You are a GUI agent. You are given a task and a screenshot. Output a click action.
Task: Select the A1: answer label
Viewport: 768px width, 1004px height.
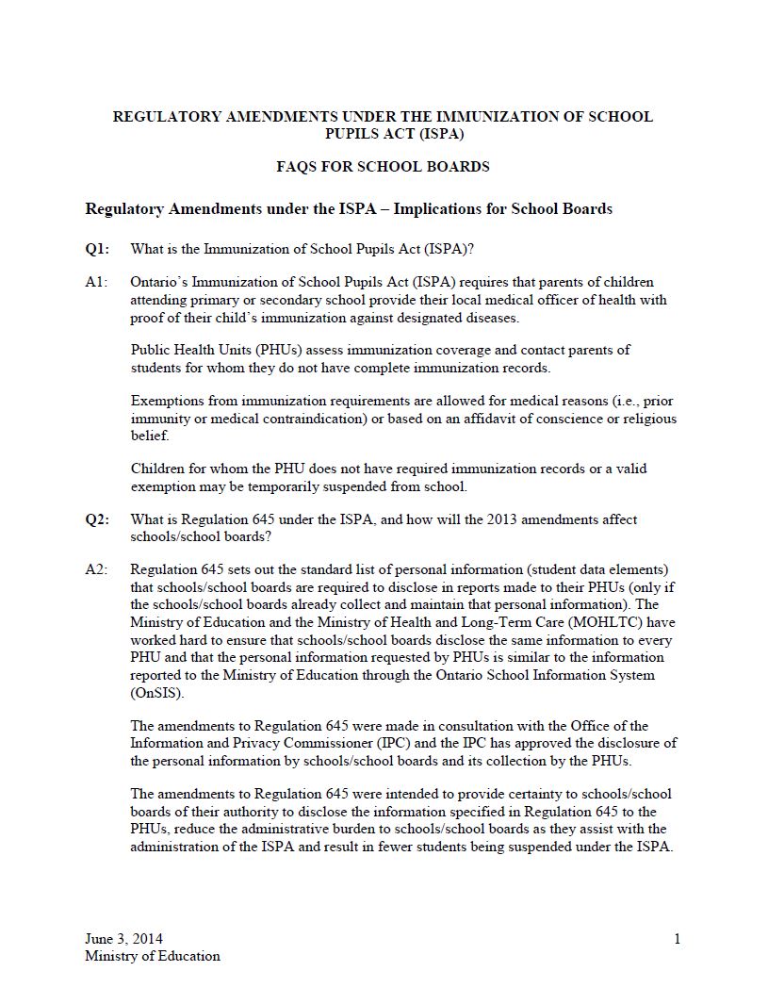(96, 282)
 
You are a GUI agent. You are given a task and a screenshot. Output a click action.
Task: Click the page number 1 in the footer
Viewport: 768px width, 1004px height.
(677, 938)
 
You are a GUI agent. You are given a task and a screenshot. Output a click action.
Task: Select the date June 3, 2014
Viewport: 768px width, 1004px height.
(123, 938)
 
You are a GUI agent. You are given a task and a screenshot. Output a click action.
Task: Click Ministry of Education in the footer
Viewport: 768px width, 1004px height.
(153, 956)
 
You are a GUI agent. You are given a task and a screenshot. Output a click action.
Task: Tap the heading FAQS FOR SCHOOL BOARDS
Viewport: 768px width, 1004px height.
(383, 167)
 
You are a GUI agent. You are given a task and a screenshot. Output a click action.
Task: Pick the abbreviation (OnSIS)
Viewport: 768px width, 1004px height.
(153, 693)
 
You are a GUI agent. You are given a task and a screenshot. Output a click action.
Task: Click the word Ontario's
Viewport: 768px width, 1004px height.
(161, 282)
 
